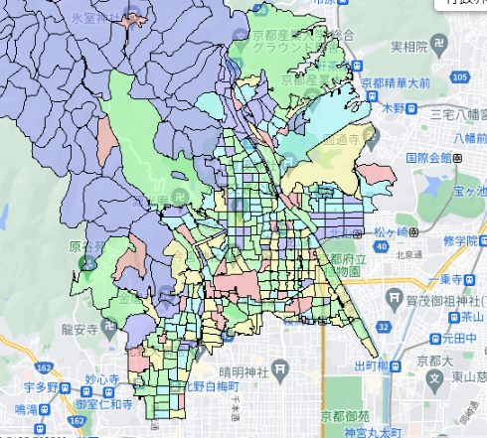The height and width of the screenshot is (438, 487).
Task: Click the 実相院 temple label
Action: (407, 47)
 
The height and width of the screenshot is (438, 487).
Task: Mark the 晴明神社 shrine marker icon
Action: (282, 369)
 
